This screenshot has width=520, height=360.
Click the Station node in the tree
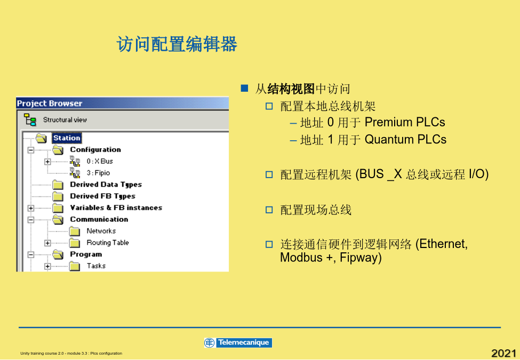click(x=67, y=138)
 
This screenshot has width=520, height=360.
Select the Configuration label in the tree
click(x=95, y=149)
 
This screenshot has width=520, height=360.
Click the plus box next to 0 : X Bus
click(x=47, y=162)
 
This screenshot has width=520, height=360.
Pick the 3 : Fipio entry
click(x=98, y=173)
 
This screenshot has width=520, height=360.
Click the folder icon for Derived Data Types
click(x=58, y=185)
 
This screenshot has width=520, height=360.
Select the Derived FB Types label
click(x=102, y=196)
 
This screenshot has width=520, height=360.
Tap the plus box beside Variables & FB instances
click(x=31, y=208)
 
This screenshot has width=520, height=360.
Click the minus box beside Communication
click(x=31, y=220)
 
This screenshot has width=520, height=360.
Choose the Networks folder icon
click(x=75, y=231)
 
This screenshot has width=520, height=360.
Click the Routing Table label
click(x=107, y=243)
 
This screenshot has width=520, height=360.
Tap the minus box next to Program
click(x=31, y=254)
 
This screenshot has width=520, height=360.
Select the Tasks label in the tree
click(x=96, y=266)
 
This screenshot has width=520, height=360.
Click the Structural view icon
click(x=30, y=119)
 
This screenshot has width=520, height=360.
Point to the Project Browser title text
click(x=50, y=103)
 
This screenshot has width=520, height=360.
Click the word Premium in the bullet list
click(x=386, y=122)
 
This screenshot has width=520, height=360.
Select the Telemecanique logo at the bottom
click(x=238, y=342)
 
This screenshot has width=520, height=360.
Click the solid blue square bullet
click(x=244, y=88)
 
